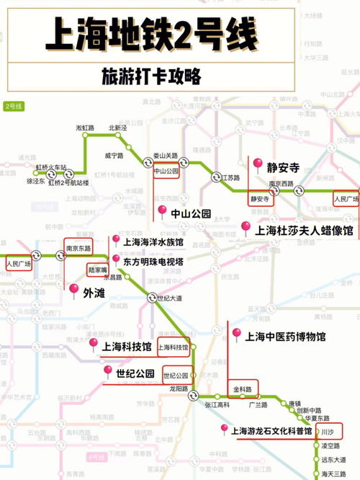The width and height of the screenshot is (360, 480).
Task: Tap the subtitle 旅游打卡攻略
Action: click(151, 76)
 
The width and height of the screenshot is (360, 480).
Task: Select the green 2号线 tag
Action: click(14, 107)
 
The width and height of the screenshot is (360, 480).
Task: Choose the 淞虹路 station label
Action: click(85, 128)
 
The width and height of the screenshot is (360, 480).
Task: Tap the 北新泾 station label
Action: click(118, 128)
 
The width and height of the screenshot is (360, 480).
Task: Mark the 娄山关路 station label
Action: click(165, 155)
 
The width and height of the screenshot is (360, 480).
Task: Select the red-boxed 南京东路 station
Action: click(78, 247)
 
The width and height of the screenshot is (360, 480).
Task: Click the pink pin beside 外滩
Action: click(74, 290)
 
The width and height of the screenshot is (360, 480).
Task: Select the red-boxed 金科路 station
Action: click(243, 389)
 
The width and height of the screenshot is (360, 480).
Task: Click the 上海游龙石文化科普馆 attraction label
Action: click(272, 431)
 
